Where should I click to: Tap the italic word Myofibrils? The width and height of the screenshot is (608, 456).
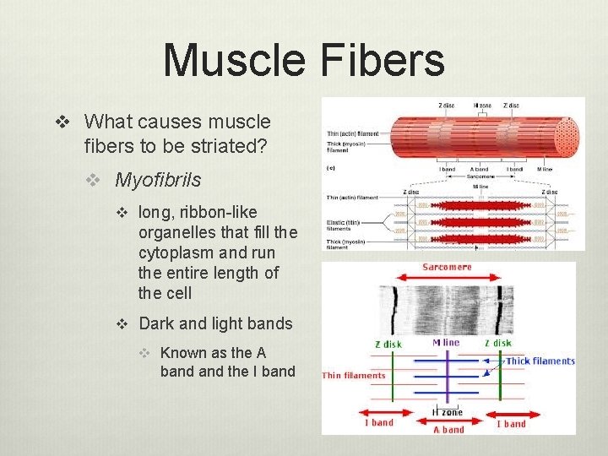158,180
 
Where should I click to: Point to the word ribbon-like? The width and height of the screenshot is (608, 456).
214,212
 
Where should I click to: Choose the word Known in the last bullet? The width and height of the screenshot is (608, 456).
182,353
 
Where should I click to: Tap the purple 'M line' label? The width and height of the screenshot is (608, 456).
447,344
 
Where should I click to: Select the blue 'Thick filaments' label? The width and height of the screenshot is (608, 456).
540,361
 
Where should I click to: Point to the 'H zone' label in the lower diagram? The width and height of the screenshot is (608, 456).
448,412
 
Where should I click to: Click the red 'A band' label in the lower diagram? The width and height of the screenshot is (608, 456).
448,429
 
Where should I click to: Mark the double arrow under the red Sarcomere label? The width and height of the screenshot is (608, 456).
448,280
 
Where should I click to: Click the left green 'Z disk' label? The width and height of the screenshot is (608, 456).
388,344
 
